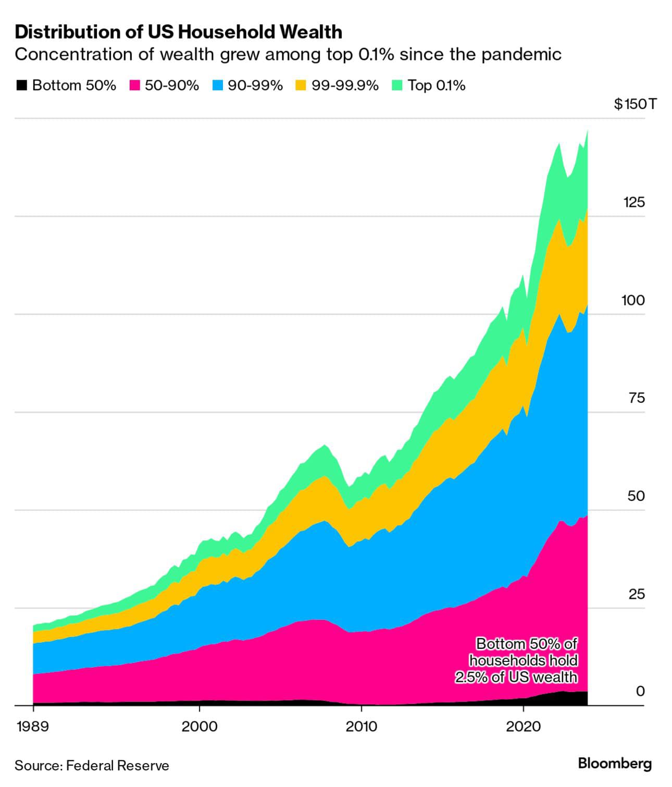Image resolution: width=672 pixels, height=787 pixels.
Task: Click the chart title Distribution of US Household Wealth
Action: pyautogui.click(x=178, y=32)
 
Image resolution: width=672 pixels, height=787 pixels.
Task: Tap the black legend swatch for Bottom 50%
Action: pyautogui.click(x=21, y=85)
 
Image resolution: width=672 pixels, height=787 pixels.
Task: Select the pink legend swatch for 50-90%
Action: pyautogui.click(x=135, y=85)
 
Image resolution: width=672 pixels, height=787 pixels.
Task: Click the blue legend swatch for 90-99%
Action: pyautogui.click(x=218, y=85)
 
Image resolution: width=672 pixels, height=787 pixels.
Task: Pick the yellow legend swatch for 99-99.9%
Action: pyautogui.click(x=301, y=85)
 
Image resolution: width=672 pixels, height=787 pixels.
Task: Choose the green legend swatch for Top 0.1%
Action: pyautogui.click(x=397, y=85)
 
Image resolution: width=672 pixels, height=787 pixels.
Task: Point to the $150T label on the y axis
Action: pyautogui.click(x=635, y=104)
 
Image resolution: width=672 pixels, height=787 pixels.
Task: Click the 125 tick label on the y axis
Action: pyautogui.click(x=633, y=202)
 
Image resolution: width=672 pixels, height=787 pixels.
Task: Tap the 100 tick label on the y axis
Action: pyautogui.click(x=633, y=300)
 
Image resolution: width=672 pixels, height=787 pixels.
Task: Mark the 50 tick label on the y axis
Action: pyautogui.click(x=636, y=496)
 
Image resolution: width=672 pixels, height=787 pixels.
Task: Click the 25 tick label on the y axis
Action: pyautogui.click(x=636, y=594)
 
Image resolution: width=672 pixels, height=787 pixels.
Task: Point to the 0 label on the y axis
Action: pyautogui.click(x=640, y=691)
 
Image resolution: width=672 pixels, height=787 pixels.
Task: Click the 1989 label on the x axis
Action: pyautogui.click(x=33, y=727)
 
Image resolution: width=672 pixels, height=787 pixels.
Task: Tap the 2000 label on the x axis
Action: pyautogui.click(x=199, y=727)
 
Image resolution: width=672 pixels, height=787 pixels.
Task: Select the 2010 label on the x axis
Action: pyautogui.click(x=362, y=727)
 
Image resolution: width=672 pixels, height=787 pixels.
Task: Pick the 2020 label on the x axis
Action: pyautogui.click(x=523, y=727)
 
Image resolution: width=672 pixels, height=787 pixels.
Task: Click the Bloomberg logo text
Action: pyautogui.click(x=615, y=764)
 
